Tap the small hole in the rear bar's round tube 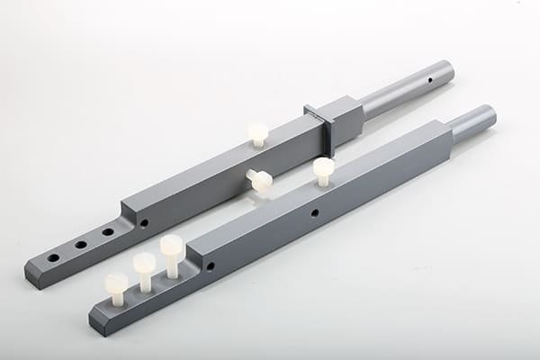click(429, 80)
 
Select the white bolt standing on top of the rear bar click(258, 134)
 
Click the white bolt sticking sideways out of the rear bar click(260, 180)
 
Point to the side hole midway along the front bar click(314, 213)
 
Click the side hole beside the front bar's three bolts click(211, 266)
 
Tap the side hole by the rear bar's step click(144, 223)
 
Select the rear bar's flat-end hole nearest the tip click(53, 257)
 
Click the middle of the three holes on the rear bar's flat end click(81, 244)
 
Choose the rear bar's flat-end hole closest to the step click(108, 231)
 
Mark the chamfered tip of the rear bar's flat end click(32, 275)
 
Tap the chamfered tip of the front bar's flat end click(96, 322)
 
